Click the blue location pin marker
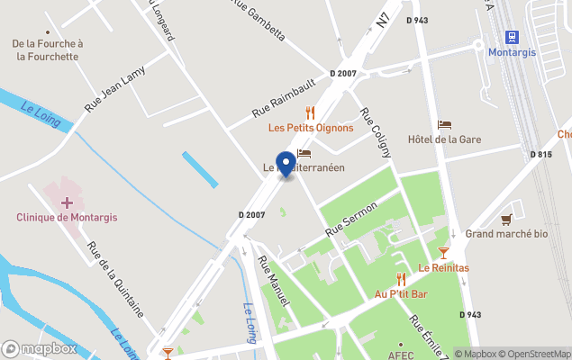pyautogui.click(x=286, y=164)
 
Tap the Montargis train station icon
pyautogui.click(x=513, y=36)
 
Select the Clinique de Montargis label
pyautogui.click(x=67, y=218)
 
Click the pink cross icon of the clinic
pyautogui.click(x=67, y=203)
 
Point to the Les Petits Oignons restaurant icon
pyautogui.click(x=310, y=112)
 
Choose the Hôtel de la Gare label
pyautogui.click(x=444, y=139)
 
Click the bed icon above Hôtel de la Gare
pyautogui.click(x=444, y=124)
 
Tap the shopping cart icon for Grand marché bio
pyautogui.click(x=507, y=219)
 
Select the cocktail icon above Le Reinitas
pyautogui.click(x=443, y=253)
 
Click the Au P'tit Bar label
pyautogui.click(x=401, y=294)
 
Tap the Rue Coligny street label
pyautogui.click(x=376, y=132)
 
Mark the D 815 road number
pyautogui.click(x=540, y=155)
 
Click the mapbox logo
pyautogui.click(x=40, y=348)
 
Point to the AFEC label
pyautogui.click(x=401, y=355)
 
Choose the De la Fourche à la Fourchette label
pyautogui.click(x=47, y=49)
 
